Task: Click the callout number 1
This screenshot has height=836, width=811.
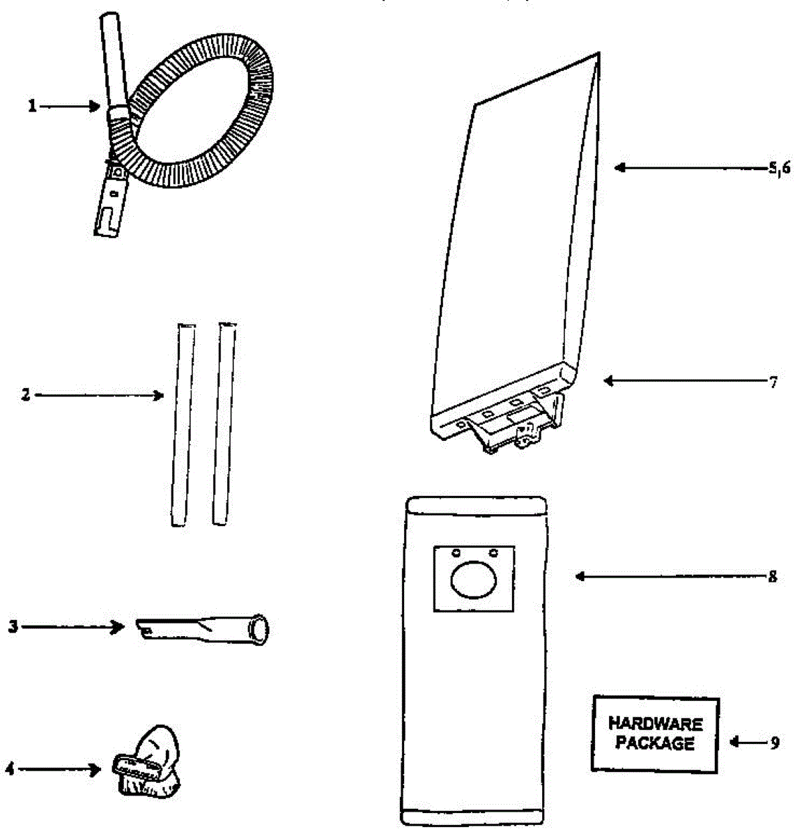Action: pos(31,107)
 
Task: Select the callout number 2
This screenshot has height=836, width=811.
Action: pos(26,395)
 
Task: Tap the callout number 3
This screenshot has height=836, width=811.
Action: pos(13,626)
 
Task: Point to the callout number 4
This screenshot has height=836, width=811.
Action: pos(10,769)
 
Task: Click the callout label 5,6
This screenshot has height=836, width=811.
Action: pos(779,168)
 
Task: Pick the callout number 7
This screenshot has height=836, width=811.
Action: pos(773,382)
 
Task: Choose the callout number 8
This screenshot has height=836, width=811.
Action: pos(772,577)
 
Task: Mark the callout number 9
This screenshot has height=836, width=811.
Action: pos(775,743)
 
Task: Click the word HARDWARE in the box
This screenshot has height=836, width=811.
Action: pos(655,725)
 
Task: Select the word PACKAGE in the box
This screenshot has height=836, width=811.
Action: pos(655,743)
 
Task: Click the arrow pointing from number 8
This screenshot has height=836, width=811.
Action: pos(669,577)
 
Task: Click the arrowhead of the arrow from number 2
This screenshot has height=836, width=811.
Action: pos(160,396)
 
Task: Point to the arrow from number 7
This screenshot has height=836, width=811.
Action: pos(683,381)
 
